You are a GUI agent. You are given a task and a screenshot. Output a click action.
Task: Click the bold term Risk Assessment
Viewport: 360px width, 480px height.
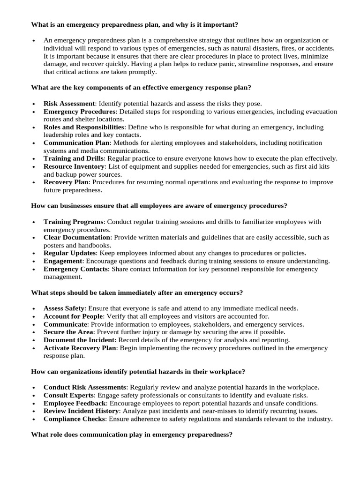tap(69, 104)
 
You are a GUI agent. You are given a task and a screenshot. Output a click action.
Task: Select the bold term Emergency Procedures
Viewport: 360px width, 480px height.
tap(79, 112)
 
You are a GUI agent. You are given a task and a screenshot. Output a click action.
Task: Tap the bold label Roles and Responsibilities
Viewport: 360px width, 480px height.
tap(84, 127)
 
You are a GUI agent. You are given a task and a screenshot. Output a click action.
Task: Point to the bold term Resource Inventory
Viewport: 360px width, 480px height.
tap(74, 166)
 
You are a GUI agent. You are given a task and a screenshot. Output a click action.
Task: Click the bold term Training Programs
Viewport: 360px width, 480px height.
tap(73, 222)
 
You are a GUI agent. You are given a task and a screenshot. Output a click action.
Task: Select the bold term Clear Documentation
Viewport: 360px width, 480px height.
tap(77, 237)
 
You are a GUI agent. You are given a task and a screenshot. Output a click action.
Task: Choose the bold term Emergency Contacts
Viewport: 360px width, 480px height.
tap(76, 269)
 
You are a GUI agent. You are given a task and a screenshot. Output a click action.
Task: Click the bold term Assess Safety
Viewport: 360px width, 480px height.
tap(64, 308)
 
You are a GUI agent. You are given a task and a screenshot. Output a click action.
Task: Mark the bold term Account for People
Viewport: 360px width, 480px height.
tap(73, 316)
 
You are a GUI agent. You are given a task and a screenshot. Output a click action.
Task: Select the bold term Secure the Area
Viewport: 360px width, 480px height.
tap(68, 332)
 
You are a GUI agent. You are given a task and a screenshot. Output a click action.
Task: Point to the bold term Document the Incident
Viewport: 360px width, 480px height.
tap(79, 340)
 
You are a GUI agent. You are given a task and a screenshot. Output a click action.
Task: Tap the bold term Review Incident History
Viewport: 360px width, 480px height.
tap(80, 411)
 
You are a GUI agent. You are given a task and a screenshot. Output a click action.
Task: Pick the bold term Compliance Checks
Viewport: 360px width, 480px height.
tap(74, 419)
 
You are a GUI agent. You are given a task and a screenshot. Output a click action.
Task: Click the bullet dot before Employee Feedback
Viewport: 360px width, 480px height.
tap(35, 404)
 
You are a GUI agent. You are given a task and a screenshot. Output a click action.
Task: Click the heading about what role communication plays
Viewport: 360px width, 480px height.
tap(131, 435)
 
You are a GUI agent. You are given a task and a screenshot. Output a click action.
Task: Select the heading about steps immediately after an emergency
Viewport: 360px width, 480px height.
tap(136, 292)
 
